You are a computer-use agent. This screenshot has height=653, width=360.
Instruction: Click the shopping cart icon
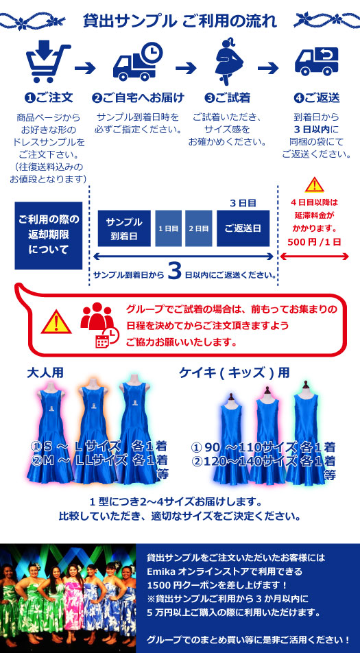click(x=47, y=62)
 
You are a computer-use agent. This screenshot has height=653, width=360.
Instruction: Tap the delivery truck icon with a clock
click(x=138, y=63)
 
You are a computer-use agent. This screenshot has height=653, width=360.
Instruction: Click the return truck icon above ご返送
click(x=316, y=61)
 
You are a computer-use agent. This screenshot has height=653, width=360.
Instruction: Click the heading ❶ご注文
click(x=49, y=98)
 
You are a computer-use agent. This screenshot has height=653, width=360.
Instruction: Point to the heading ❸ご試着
click(x=227, y=98)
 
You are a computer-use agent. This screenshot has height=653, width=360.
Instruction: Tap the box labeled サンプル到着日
click(x=124, y=228)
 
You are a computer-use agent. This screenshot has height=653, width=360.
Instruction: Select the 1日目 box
click(x=169, y=228)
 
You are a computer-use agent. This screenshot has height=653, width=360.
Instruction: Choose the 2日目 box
click(x=199, y=228)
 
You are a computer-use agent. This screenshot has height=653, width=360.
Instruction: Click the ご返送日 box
click(x=243, y=228)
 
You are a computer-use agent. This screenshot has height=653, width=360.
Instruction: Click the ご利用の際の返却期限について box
click(x=49, y=235)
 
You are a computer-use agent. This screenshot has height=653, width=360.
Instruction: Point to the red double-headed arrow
click(x=314, y=257)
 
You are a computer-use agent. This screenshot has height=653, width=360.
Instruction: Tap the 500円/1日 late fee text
click(x=314, y=242)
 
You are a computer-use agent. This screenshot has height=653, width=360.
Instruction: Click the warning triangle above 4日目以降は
click(x=314, y=185)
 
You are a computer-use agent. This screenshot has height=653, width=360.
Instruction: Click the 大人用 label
click(x=45, y=372)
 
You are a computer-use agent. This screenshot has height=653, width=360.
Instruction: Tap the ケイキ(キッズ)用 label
click(x=235, y=372)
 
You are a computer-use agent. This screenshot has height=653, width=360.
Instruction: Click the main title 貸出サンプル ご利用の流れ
click(x=180, y=21)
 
